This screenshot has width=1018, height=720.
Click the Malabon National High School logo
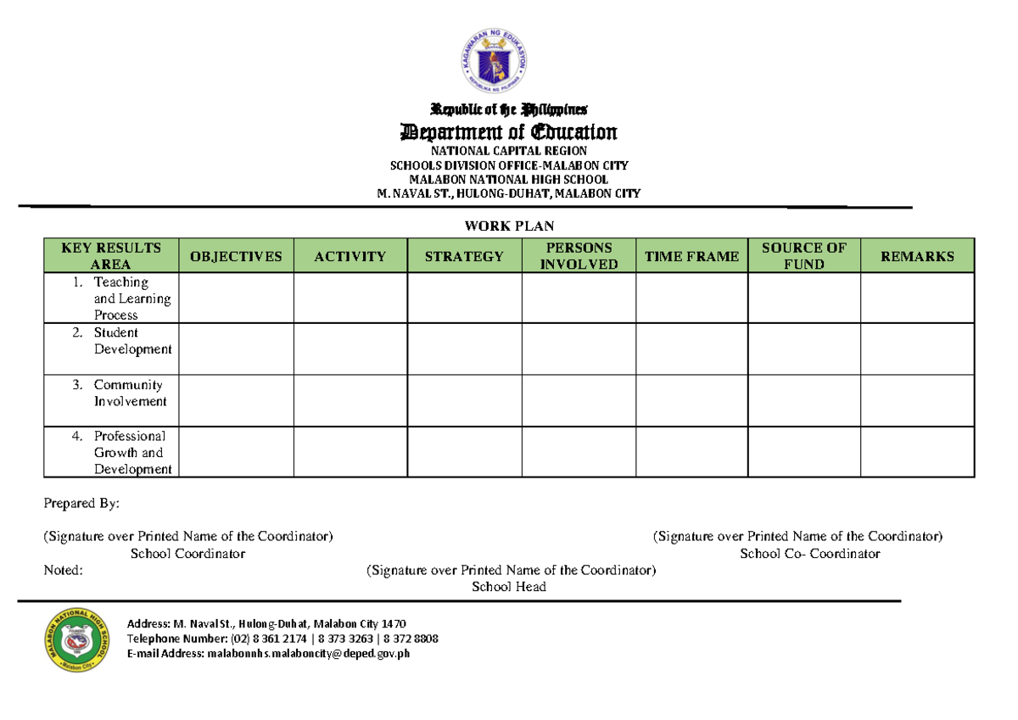pos(76,641)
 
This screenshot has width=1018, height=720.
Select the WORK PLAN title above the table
pos(509,226)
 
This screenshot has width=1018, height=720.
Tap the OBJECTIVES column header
pos(237,256)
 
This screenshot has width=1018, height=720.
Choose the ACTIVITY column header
pos(350,256)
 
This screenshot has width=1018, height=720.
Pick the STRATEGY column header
pos(464,256)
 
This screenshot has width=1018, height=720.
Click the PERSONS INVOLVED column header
pos(579,256)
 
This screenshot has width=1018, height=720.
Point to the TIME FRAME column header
pos(691,256)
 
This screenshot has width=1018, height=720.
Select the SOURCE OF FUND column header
pos(804,256)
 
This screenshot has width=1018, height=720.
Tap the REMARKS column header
pos(917,256)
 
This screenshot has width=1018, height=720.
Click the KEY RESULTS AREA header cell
pos(111,256)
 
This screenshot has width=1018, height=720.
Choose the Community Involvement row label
pos(127,393)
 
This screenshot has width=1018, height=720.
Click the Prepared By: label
pos(81,504)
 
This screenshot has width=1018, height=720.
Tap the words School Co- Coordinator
pos(809,554)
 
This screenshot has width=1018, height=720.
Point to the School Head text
pos(509,587)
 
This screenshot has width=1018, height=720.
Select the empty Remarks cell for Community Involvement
pos(917,400)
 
